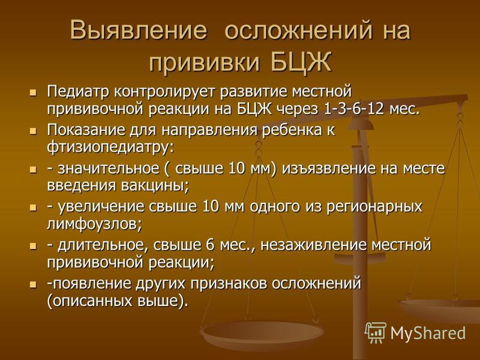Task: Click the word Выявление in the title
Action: click(139, 30)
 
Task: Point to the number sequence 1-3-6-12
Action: click(353, 109)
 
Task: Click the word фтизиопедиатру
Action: click(110, 148)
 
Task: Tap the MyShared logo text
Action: click(428, 333)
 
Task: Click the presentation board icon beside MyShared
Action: click(376, 332)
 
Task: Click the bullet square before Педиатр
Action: click(33, 92)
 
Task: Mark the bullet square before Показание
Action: click(33, 131)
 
